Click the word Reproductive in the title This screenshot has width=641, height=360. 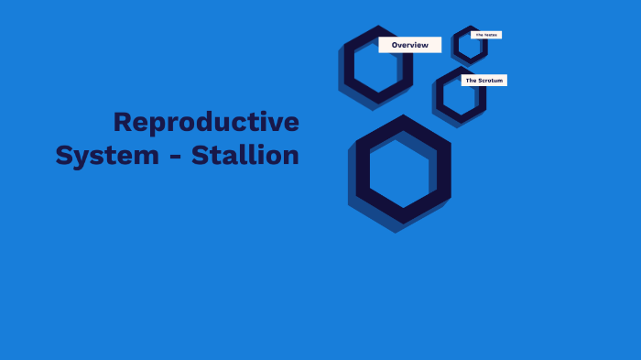[x=206, y=122]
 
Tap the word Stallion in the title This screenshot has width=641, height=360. [x=245, y=156]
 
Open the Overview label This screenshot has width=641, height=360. [x=409, y=45]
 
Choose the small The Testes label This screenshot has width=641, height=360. [x=485, y=35]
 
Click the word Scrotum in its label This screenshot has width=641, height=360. [x=491, y=81]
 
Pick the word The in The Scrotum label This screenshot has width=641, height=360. [x=471, y=81]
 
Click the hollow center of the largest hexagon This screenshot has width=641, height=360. [x=403, y=169]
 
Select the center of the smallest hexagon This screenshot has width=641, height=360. [x=470, y=46]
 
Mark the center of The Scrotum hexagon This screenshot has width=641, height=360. [x=461, y=95]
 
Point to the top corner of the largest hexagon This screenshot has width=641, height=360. [x=403, y=115]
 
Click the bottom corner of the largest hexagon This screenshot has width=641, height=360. [x=403, y=223]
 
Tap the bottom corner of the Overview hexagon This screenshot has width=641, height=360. [x=378, y=103]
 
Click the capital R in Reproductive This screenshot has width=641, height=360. [x=123, y=122]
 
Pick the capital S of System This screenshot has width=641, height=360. [x=64, y=156]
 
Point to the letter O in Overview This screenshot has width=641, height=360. [x=396, y=45]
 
